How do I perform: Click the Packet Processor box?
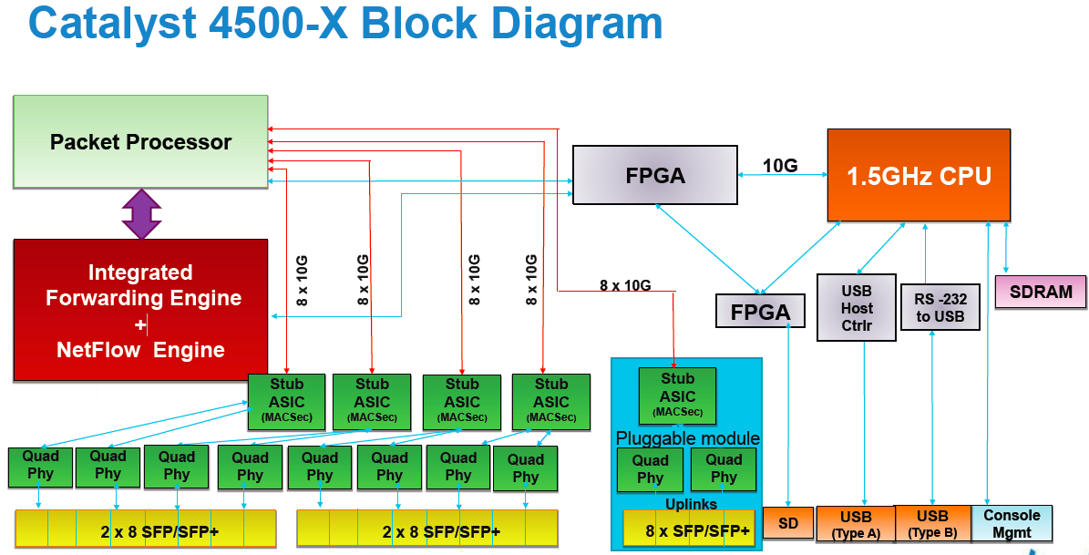(140, 142)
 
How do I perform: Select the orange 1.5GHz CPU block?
(919, 175)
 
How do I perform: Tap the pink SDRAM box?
(1041, 293)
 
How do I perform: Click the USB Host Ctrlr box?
(856, 307)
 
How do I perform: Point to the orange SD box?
(787, 524)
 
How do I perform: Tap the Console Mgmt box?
(1012, 523)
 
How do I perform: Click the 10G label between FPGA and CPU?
(781, 166)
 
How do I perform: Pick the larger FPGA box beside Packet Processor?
(654, 175)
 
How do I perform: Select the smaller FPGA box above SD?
(760, 312)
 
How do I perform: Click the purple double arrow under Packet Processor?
(141, 213)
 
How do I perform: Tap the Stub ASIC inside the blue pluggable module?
(677, 395)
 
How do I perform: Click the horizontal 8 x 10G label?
(625, 284)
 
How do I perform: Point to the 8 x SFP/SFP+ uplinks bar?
(691, 529)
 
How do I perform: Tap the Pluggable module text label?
(688, 438)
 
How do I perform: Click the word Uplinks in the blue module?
(690, 504)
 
